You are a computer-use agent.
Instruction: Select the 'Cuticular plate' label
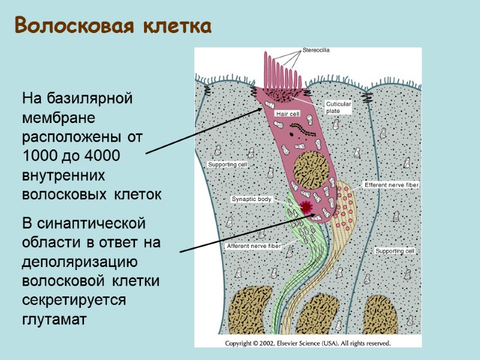pyautogui.click(x=338, y=107)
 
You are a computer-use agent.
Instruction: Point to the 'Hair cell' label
pyautogui.click(x=287, y=113)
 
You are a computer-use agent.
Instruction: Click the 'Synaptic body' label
pyautogui.click(x=251, y=199)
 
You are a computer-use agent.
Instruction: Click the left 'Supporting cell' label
pyautogui.click(x=227, y=164)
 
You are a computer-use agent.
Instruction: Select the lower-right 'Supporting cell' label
pyautogui.click(x=395, y=251)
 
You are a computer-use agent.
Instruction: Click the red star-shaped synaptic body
pyautogui.click(x=307, y=208)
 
